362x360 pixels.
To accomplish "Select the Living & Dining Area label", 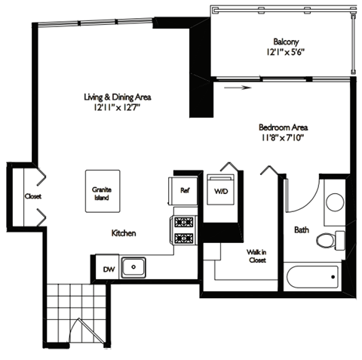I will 115,97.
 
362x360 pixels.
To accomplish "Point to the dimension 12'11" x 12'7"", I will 115,108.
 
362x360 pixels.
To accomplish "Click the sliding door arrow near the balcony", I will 235,87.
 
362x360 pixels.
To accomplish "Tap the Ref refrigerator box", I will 184,191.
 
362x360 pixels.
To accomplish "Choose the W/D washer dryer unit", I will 221,191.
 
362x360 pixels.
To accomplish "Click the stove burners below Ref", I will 184,230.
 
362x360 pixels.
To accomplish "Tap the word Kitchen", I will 124,234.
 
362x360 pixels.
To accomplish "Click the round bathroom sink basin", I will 334,202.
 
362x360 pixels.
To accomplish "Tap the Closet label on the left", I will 32,196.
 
